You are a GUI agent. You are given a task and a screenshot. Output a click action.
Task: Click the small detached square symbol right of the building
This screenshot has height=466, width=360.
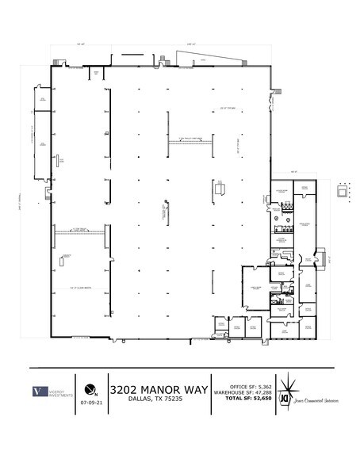[343, 191]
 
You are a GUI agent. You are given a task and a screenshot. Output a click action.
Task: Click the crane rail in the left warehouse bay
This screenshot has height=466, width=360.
[79, 229]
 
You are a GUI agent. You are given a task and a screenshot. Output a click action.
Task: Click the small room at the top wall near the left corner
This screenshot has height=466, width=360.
[96, 73]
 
